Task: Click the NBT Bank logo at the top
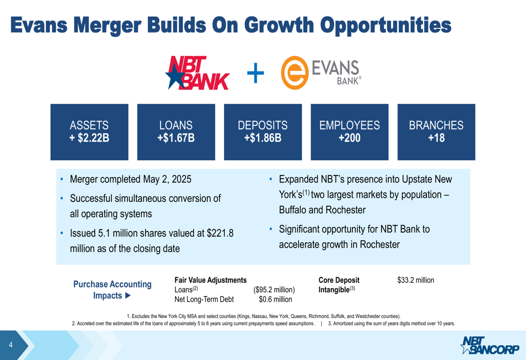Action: pos(198,73)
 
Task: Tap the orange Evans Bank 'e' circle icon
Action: pos(295,73)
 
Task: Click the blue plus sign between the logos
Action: pos(256,73)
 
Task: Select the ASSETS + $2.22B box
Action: pos(89,132)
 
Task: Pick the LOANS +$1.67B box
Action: pos(176,132)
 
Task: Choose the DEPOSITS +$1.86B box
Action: pos(262,132)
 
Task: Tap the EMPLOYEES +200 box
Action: pos(350,132)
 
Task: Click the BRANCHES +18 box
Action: pos(437,132)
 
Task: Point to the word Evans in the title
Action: pos(39,25)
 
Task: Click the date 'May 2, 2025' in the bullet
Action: pos(167,179)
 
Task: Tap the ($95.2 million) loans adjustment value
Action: pos(274,290)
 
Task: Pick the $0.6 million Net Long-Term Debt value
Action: pos(276,300)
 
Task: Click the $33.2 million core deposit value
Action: pos(416,280)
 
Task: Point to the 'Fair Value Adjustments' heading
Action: pos(210,280)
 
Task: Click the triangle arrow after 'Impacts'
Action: pos(128,296)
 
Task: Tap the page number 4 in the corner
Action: pos(11,345)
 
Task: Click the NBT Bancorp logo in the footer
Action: pos(490,345)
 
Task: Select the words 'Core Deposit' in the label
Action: pos(339,280)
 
